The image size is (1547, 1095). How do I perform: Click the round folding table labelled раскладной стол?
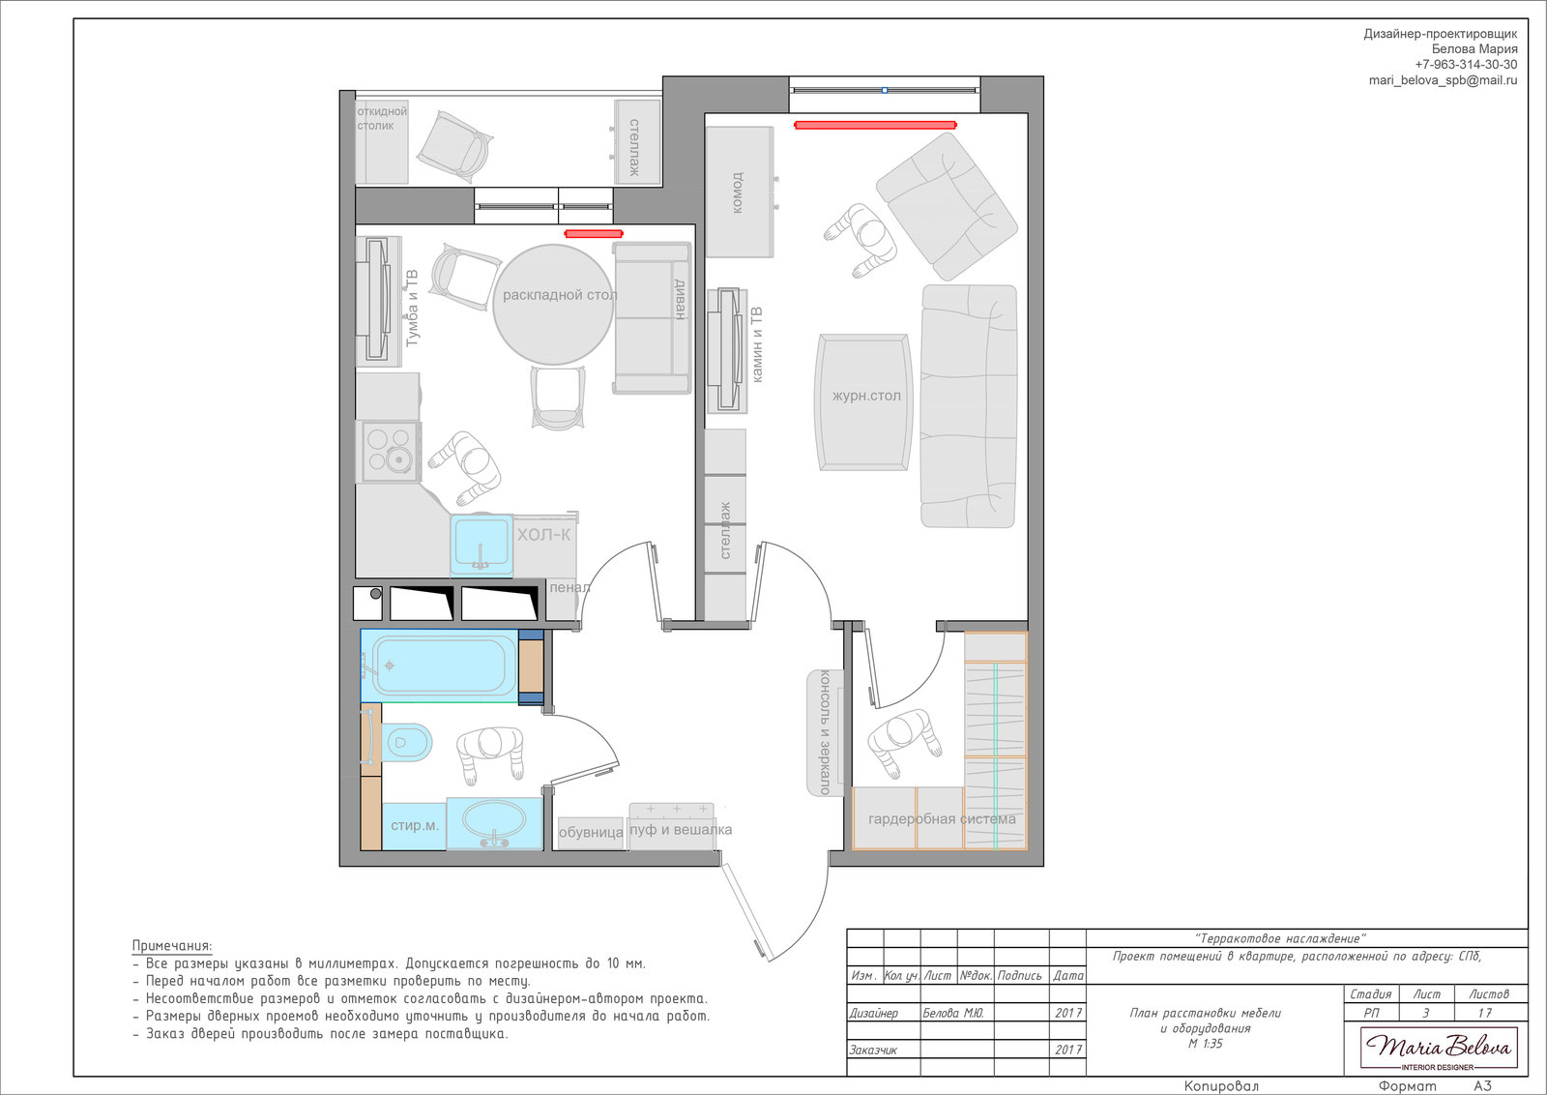[553, 305]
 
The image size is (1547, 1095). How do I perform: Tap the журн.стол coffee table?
[864, 402]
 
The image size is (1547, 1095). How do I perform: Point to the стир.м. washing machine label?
[415, 825]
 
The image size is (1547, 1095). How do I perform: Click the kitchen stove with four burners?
[391, 451]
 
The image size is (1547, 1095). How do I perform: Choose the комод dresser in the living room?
[739, 192]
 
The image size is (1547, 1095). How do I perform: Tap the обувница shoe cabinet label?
[591, 833]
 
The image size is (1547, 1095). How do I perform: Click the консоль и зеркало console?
[826, 733]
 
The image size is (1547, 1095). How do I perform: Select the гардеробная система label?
[942, 818]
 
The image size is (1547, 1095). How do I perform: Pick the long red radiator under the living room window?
[875, 125]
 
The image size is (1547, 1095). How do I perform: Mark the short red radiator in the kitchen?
[594, 233]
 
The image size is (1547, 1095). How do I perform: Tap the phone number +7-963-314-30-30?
[1466, 64]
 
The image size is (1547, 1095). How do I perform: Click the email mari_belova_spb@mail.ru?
[1444, 80]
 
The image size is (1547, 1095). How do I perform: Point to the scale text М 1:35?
[1205, 1043]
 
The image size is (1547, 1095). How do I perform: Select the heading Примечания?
[172, 946]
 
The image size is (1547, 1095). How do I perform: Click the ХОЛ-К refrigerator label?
[544, 534]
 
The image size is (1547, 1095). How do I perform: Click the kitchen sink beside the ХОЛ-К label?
[482, 546]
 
